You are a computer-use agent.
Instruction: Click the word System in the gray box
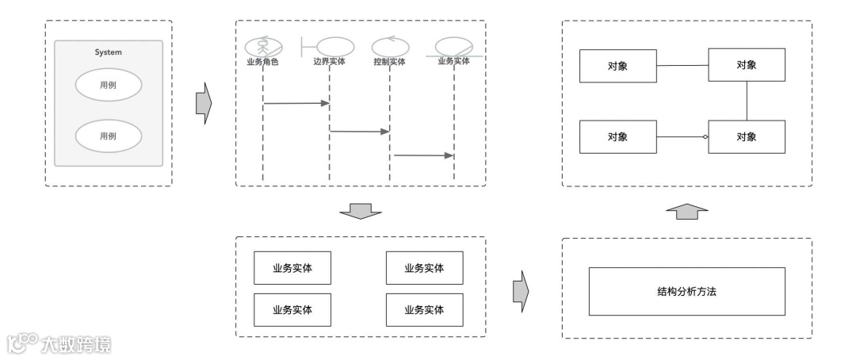click(108, 52)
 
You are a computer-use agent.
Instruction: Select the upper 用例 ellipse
click(108, 85)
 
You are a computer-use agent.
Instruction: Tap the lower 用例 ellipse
click(108, 136)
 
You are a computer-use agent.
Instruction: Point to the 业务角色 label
click(262, 61)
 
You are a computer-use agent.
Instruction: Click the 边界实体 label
click(328, 61)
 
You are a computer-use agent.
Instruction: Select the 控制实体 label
click(389, 61)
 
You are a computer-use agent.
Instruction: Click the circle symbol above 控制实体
click(389, 46)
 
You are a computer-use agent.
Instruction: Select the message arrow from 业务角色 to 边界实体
click(296, 103)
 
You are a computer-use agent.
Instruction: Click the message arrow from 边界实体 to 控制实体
click(359, 131)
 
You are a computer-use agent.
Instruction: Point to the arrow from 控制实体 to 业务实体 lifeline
click(422, 155)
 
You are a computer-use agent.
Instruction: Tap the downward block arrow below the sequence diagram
click(361, 211)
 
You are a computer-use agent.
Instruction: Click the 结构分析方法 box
click(686, 292)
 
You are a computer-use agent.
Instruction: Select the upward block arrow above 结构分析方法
click(686, 211)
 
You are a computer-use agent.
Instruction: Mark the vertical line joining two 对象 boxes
click(747, 101)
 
